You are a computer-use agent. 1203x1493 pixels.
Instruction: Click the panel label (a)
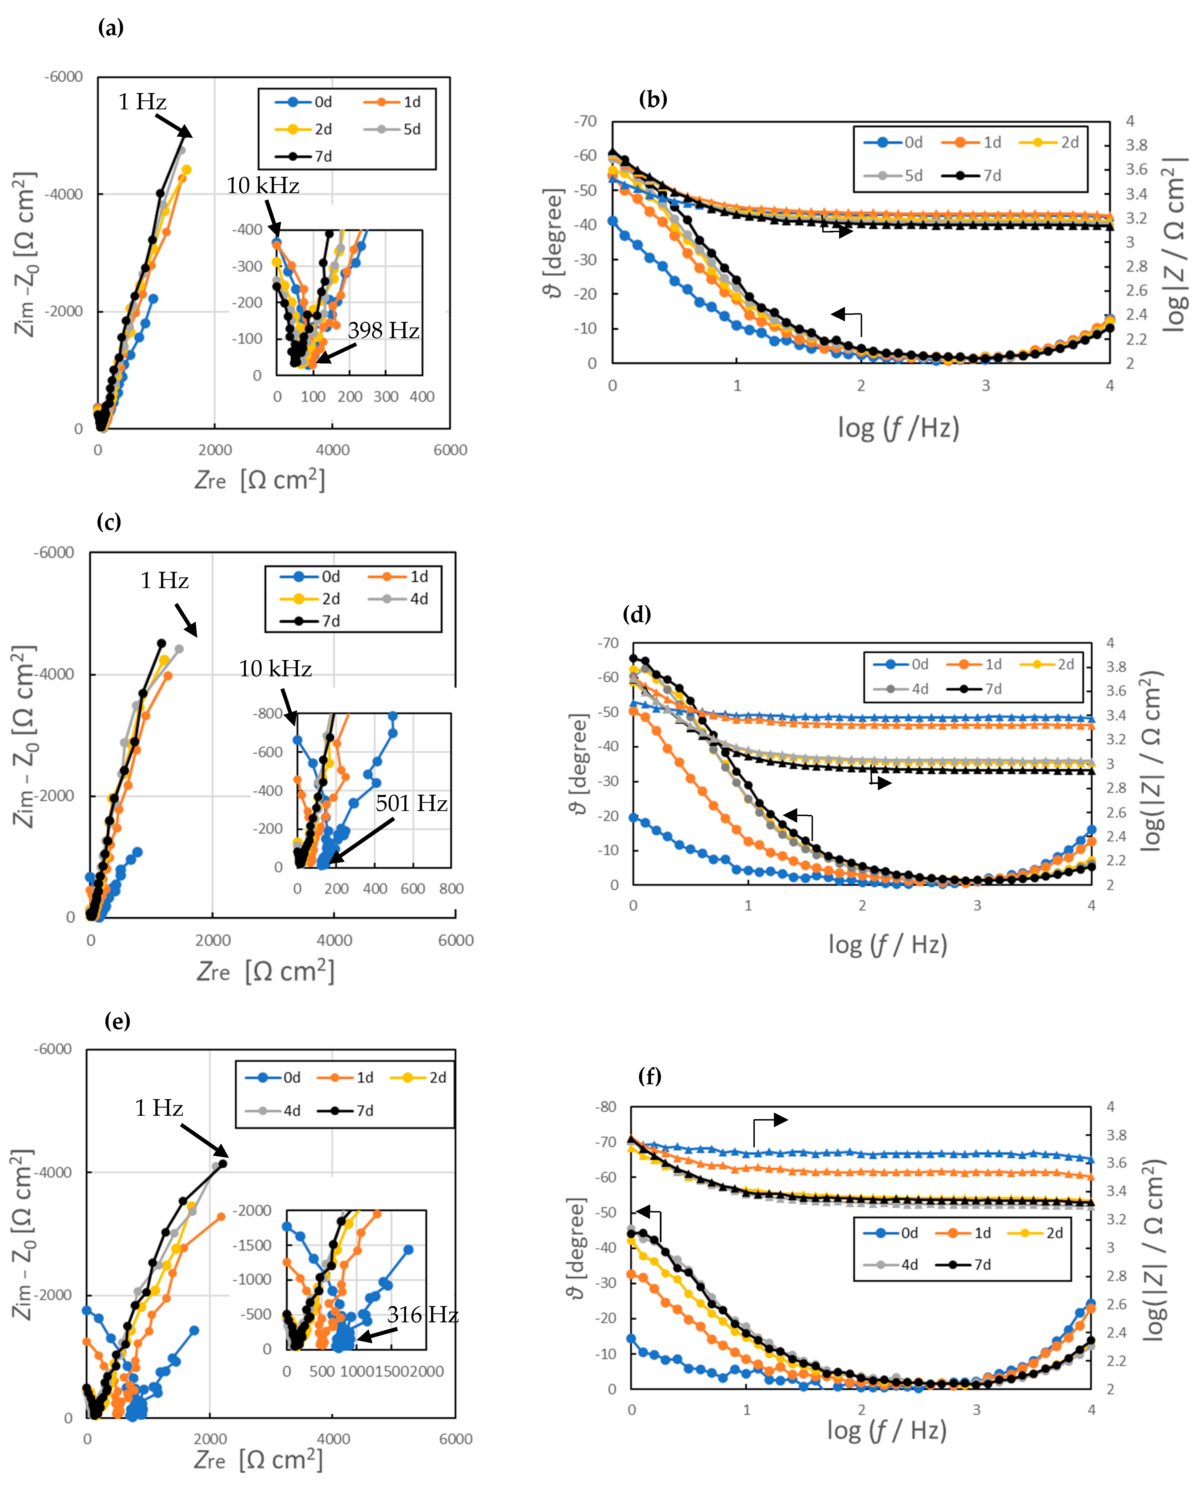(x=111, y=28)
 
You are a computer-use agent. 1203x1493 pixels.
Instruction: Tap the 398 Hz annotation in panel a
(x=383, y=331)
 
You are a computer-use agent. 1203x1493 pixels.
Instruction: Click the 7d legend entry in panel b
(x=972, y=175)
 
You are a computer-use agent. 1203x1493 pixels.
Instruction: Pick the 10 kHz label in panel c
(x=275, y=669)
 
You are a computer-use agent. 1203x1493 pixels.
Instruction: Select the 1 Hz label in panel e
(x=159, y=1108)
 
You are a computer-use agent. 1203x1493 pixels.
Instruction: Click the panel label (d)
(x=636, y=614)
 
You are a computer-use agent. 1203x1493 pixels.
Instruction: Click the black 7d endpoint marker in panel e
(x=223, y=1164)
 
